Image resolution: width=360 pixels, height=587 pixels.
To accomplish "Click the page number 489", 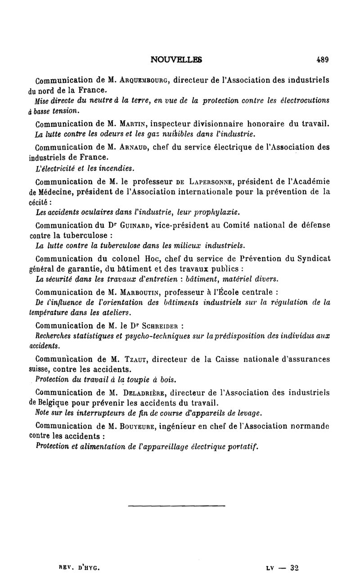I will [x=322, y=59].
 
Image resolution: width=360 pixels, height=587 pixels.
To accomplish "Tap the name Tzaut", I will [x=131, y=359].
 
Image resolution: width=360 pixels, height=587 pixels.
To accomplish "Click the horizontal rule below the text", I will [x=176, y=507].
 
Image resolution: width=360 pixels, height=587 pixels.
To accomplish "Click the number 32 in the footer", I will [x=295, y=569].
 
